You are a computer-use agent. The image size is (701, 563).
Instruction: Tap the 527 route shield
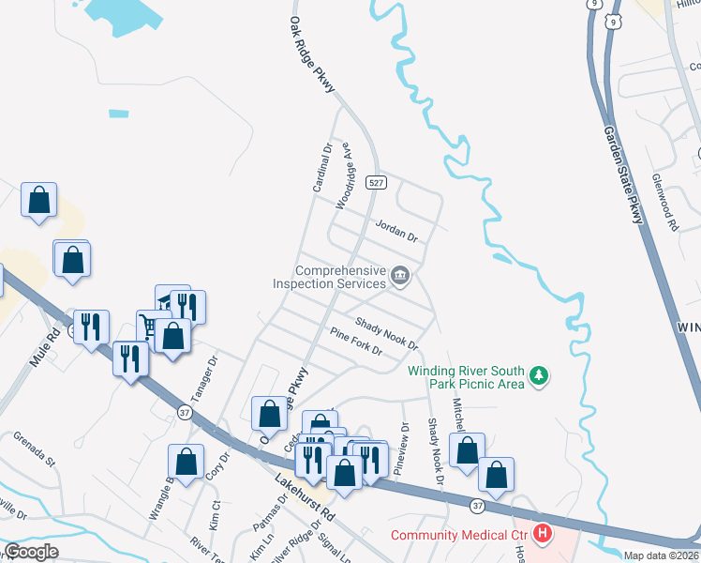[x=377, y=183]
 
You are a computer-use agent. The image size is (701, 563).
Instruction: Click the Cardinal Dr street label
[x=322, y=167]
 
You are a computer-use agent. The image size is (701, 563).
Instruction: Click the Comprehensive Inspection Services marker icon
[x=400, y=275]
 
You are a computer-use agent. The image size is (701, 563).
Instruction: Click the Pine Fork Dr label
[x=356, y=342]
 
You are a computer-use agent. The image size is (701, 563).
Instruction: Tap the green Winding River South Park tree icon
[x=539, y=376]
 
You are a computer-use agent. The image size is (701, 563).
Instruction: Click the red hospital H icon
[x=542, y=535]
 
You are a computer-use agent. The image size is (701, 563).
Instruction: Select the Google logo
[x=31, y=552]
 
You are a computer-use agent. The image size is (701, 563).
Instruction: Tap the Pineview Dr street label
[x=402, y=449]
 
